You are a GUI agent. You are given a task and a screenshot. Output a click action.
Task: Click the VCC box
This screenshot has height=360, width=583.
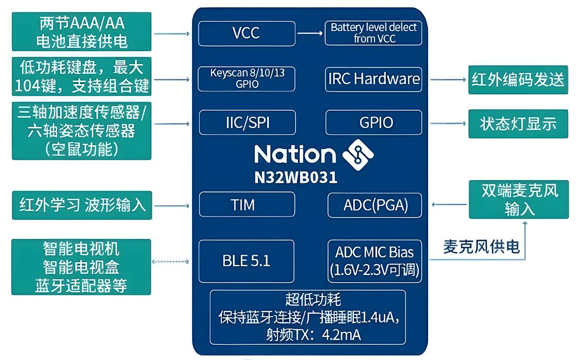point(246,34)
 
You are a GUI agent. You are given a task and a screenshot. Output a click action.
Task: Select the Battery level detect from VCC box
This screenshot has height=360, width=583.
point(374,33)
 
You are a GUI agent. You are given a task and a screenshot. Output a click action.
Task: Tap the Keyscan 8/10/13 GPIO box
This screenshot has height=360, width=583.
point(246,79)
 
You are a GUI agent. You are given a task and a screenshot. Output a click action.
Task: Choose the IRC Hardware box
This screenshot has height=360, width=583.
point(374,79)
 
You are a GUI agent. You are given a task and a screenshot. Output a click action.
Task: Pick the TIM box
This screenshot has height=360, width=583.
point(246,204)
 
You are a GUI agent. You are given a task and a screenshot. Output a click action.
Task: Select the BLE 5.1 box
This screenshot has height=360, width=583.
point(246,261)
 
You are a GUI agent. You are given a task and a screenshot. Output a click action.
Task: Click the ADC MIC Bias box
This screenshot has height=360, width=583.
point(375,261)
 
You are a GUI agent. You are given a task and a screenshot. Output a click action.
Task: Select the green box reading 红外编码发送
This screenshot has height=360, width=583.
point(518,80)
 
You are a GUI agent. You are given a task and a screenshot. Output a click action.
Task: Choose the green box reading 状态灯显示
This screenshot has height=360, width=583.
point(518,124)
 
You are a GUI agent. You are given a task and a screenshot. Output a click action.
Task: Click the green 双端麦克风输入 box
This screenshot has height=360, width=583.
point(519,199)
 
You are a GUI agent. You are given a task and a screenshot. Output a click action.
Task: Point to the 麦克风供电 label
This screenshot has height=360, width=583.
point(482,247)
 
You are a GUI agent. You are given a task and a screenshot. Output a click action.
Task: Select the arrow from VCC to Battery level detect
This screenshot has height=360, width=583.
point(310,34)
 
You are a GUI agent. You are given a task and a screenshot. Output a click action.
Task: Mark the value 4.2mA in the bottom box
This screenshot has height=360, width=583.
point(341,334)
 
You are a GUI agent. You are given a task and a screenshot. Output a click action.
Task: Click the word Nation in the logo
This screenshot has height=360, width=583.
point(295,154)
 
